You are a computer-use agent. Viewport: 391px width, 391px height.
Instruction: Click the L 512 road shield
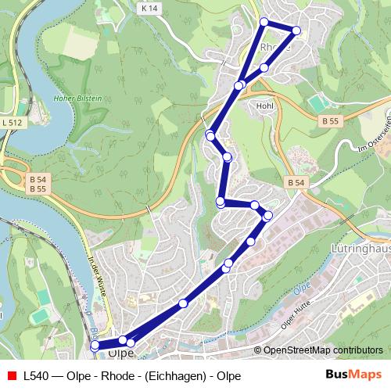point(12,122)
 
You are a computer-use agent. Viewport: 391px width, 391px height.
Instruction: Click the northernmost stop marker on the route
point(264,21)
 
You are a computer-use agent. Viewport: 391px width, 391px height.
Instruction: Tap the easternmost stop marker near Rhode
point(296,30)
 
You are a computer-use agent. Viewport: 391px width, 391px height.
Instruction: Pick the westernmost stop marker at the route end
point(95,345)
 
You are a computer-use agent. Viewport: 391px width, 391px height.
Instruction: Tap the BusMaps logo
point(356,375)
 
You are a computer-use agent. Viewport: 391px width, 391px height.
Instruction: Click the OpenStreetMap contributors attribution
point(323,350)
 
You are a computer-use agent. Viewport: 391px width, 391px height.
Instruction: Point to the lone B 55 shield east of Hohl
point(330,121)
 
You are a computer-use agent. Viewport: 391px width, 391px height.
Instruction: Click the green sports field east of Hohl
point(317,103)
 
